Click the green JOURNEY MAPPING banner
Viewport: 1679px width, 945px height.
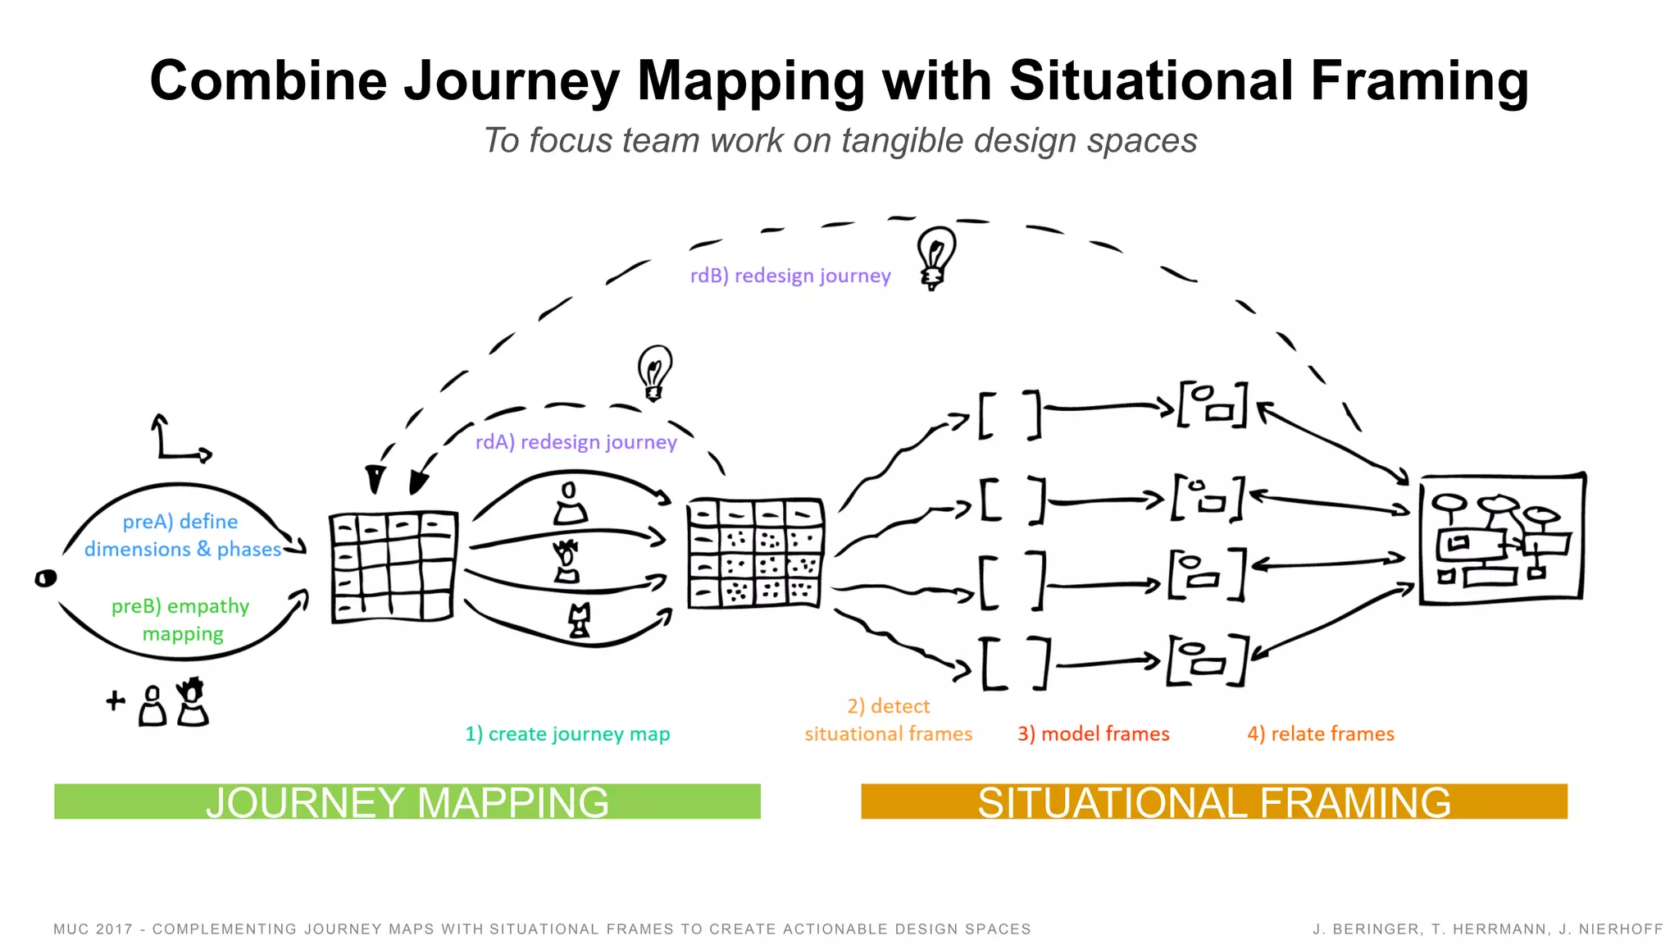click(407, 801)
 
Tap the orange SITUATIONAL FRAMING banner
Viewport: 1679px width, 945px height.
click(1213, 801)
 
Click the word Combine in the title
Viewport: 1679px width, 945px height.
click(268, 81)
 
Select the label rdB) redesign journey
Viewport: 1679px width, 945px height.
click(789, 276)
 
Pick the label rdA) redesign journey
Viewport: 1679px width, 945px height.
click(576, 442)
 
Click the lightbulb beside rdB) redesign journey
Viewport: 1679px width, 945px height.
click(935, 257)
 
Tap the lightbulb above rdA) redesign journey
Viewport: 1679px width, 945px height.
click(654, 372)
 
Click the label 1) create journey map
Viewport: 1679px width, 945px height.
click(567, 733)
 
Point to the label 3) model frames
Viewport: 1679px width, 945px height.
click(1093, 733)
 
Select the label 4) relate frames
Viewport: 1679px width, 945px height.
click(1320, 733)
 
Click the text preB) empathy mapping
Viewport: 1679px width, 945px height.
click(181, 619)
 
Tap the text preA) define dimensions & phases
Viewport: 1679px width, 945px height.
click(182, 535)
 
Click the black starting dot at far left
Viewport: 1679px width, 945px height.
click(46, 578)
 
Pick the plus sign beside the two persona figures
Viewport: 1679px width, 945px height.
click(116, 701)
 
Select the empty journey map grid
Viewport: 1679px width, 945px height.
click(393, 566)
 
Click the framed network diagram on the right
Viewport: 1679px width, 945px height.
click(1502, 539)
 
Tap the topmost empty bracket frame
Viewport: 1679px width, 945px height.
click(1010, 415)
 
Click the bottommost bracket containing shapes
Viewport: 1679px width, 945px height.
click(1208, 660)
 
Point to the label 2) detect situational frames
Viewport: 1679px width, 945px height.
click(888, 719)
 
